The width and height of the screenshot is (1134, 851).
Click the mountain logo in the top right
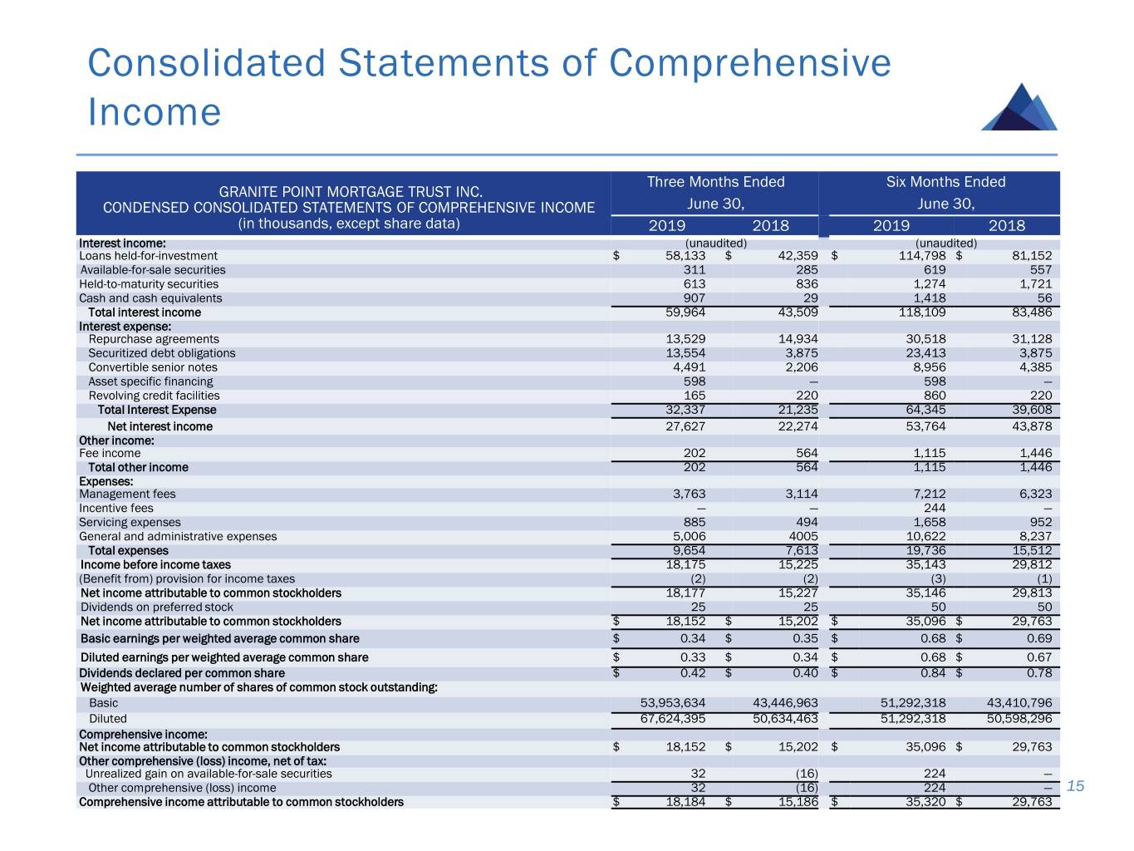click(x=1019, y=107)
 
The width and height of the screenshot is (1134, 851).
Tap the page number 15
click(x=1076, y=786)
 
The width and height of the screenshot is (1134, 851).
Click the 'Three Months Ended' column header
click(x=715, y=182)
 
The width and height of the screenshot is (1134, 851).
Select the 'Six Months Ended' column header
click(x=945, y=182)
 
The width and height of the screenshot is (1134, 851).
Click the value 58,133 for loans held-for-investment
click(x=685, y=256)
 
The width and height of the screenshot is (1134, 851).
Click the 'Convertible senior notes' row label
click(x=153, y=367)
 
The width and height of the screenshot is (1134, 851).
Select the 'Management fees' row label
click(x=127, y=494)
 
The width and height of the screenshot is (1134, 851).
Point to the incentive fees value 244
click(x=935, y=508)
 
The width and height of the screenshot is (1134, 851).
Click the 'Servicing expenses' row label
click(x=130, y=523)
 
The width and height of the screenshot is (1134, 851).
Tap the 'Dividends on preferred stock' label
click(x=156, y=608)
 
